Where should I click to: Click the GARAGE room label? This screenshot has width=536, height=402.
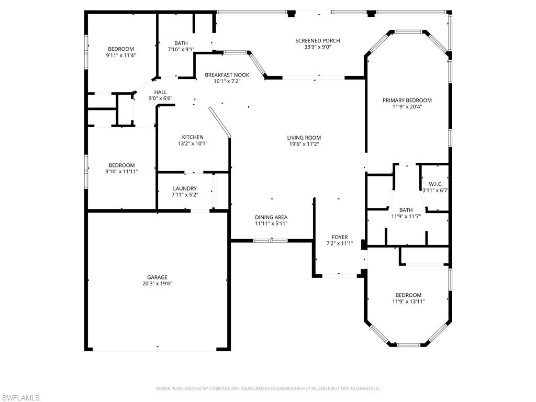pyautogui.click(x=157, y=277)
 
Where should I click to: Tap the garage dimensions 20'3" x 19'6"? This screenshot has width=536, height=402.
pyautogui.click(x=157, y=284)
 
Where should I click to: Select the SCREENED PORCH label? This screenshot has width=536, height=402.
pyautogui.click(x=317, y=41)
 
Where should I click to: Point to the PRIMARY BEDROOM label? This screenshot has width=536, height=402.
pyautogui.click(x=407, y=100)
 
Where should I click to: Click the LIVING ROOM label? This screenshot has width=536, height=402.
pyautogui.click(x=304, y=138)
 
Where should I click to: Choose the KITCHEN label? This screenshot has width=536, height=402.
pyautogui.click(x=193, y=138)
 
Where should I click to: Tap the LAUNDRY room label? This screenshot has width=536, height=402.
pyautogui.click(x=185, y=188)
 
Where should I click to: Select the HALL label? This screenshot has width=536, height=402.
pyautogui.click(x=160, y=92)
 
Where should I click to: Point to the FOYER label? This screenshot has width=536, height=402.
pyautogui.click(x=340, y=237)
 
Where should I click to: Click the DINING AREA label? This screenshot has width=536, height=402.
pyautogui.click(x=271, y=217)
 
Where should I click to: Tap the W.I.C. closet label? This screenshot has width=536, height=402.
pyautogui.click(x=435, y=184)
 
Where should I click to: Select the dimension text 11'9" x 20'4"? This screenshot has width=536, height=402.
pyautogui.click(x=407, y=107)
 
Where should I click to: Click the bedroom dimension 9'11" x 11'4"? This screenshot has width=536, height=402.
pyautogui.click(x=121, y=55)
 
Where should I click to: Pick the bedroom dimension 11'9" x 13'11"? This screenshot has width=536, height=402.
pyautogui.click(x=408, y=301)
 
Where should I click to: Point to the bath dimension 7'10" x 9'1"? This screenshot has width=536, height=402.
pyautogui.click(x=181, y=50)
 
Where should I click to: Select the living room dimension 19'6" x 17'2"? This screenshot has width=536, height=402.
pyautogui.click(x=304, y=144)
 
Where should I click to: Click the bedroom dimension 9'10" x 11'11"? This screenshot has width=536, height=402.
pyautogui.click(x=121, y=171)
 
